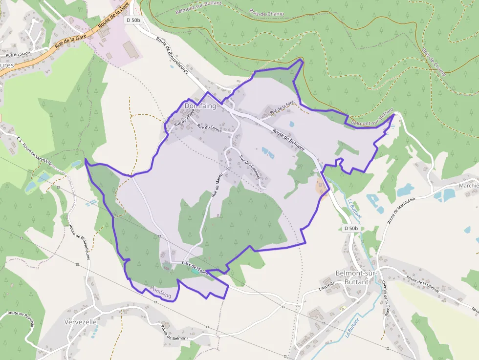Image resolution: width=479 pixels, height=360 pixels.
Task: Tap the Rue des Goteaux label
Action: [250, 166]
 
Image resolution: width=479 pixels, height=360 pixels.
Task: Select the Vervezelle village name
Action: [81, 322]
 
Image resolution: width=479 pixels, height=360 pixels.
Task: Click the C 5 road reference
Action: [19, 140]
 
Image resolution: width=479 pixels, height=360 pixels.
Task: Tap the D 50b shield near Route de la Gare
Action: [133, 20]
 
